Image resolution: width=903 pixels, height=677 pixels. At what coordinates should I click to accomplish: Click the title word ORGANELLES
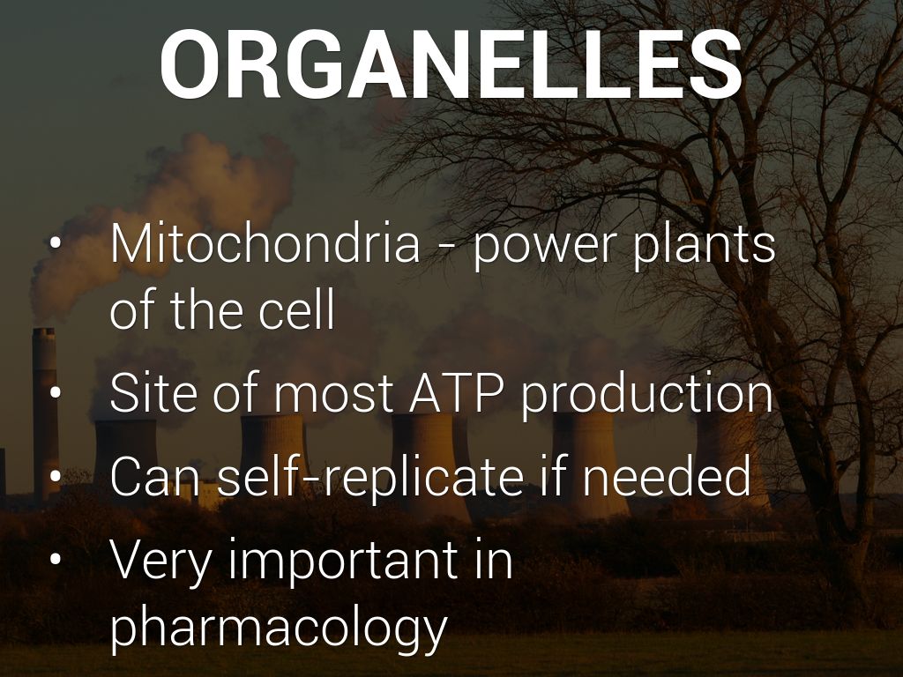[451, 64]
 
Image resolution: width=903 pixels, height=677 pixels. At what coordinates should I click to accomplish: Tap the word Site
[155, 392]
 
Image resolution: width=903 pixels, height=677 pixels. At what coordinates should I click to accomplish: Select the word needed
[667, 475]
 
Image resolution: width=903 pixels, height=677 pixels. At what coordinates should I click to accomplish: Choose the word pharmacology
[279, 629]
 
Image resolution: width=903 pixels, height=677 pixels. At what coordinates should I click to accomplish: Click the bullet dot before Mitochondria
[56, 243]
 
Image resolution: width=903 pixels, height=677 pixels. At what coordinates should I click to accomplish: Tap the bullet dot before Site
[56, 392]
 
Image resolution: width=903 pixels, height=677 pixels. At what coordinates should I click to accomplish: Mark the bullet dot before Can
[56, 475]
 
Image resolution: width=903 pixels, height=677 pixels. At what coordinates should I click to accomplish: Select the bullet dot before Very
[56, 559]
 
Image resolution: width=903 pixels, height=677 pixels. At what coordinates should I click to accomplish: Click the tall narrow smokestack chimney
[45, 413]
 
